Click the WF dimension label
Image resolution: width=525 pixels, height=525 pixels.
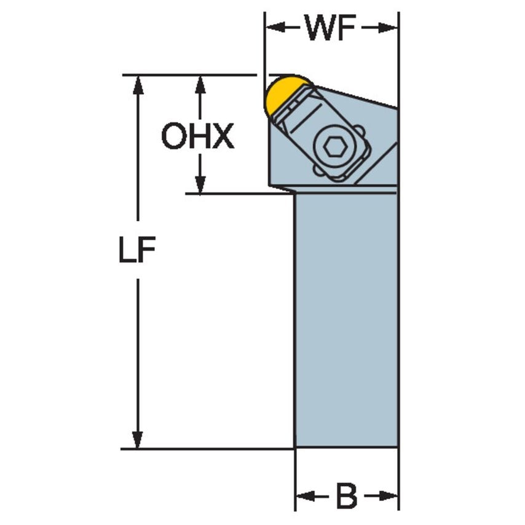coord(331,28)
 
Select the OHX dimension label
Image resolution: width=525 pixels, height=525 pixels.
coord(198,136)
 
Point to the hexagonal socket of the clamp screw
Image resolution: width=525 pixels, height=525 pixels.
coord(335,148)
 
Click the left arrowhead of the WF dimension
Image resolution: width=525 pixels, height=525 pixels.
coord(274,28)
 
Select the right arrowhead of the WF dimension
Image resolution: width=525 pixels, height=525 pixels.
coord(390,28)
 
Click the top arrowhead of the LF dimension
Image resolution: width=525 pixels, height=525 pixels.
coord(138,85)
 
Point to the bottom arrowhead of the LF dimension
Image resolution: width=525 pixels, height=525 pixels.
coord(138,439)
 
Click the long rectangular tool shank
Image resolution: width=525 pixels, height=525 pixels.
coord(347,320)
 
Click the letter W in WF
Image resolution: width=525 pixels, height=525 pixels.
coord(320,28)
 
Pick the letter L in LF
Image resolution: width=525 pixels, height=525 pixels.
coord(126,251)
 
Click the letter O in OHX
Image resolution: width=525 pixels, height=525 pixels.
coord(173,136)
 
